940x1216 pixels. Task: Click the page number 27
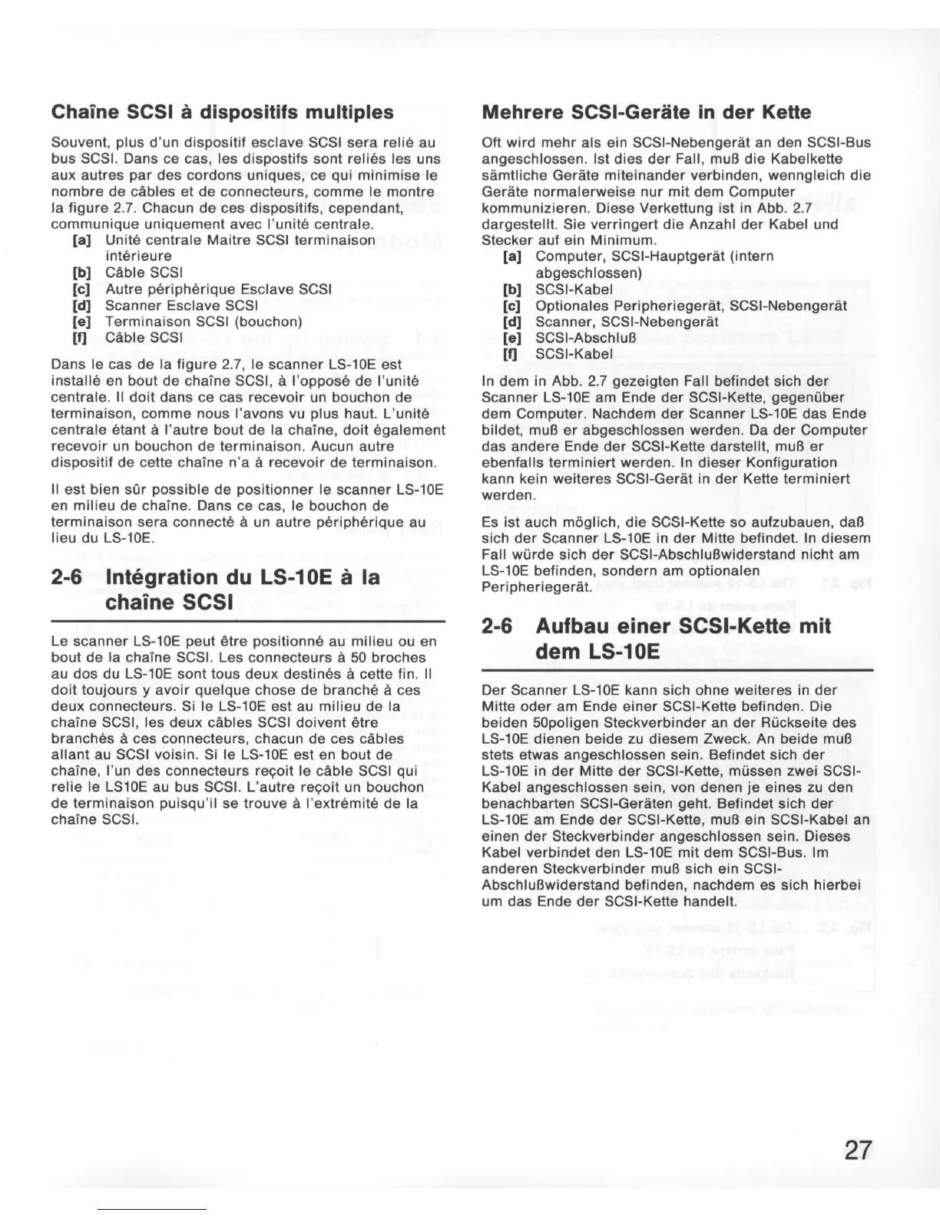[858, 1150]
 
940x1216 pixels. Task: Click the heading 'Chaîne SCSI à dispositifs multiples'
[222, 112]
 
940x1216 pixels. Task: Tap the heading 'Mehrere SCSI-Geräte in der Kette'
[646, 112]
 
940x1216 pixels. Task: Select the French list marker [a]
[81, 240]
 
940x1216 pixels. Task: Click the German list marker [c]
[511, 306]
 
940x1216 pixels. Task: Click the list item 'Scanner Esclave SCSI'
[170, 306]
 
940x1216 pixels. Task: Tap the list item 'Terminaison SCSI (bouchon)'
[204, 322]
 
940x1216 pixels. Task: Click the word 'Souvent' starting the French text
[75, 143]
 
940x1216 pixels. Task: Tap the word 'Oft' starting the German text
[492, 143]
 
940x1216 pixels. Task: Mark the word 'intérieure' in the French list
[138, 256]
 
